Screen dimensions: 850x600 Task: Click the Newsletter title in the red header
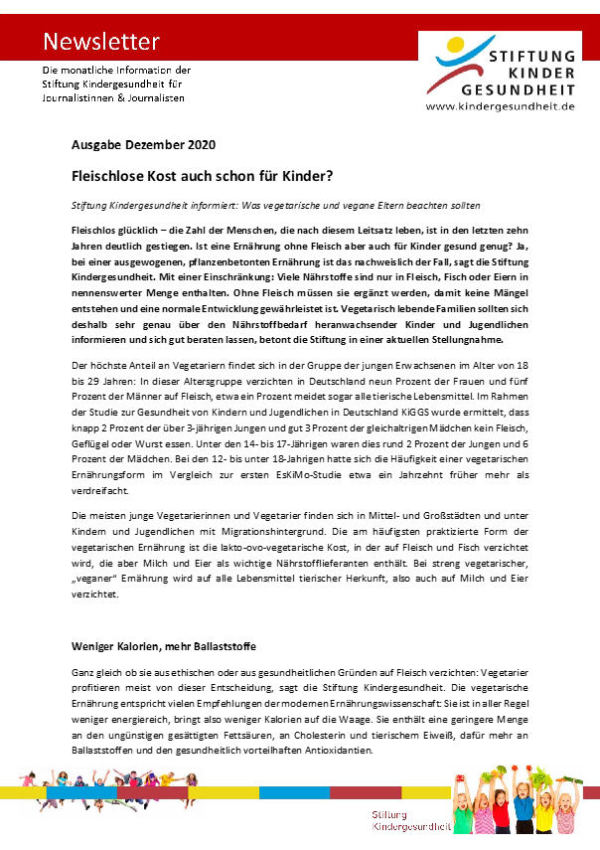coord(100,41)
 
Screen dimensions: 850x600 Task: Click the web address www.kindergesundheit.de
coord(500,106)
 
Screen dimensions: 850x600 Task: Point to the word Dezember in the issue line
coord(154,145)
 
